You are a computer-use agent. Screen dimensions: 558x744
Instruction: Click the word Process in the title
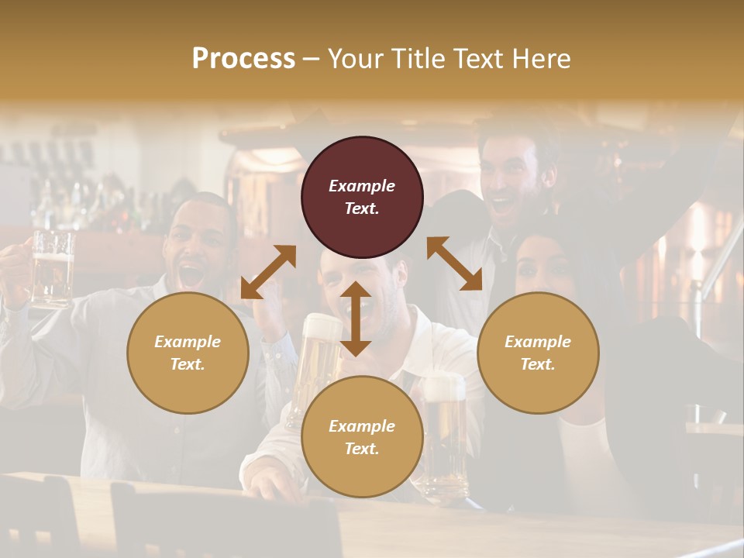click(x=243, y=59)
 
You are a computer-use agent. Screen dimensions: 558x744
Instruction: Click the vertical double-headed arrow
click(x=355, y=319)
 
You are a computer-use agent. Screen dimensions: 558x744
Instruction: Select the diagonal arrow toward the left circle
click(x=268, y=272)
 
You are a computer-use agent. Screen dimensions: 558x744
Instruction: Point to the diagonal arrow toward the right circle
click(x=454, y=264)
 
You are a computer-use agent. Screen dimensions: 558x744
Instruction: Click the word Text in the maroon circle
click(x=362, y=208)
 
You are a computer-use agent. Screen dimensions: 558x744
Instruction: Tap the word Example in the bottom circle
click(x=362, y=425)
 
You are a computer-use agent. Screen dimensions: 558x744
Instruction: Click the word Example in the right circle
click(x=538, y=341)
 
